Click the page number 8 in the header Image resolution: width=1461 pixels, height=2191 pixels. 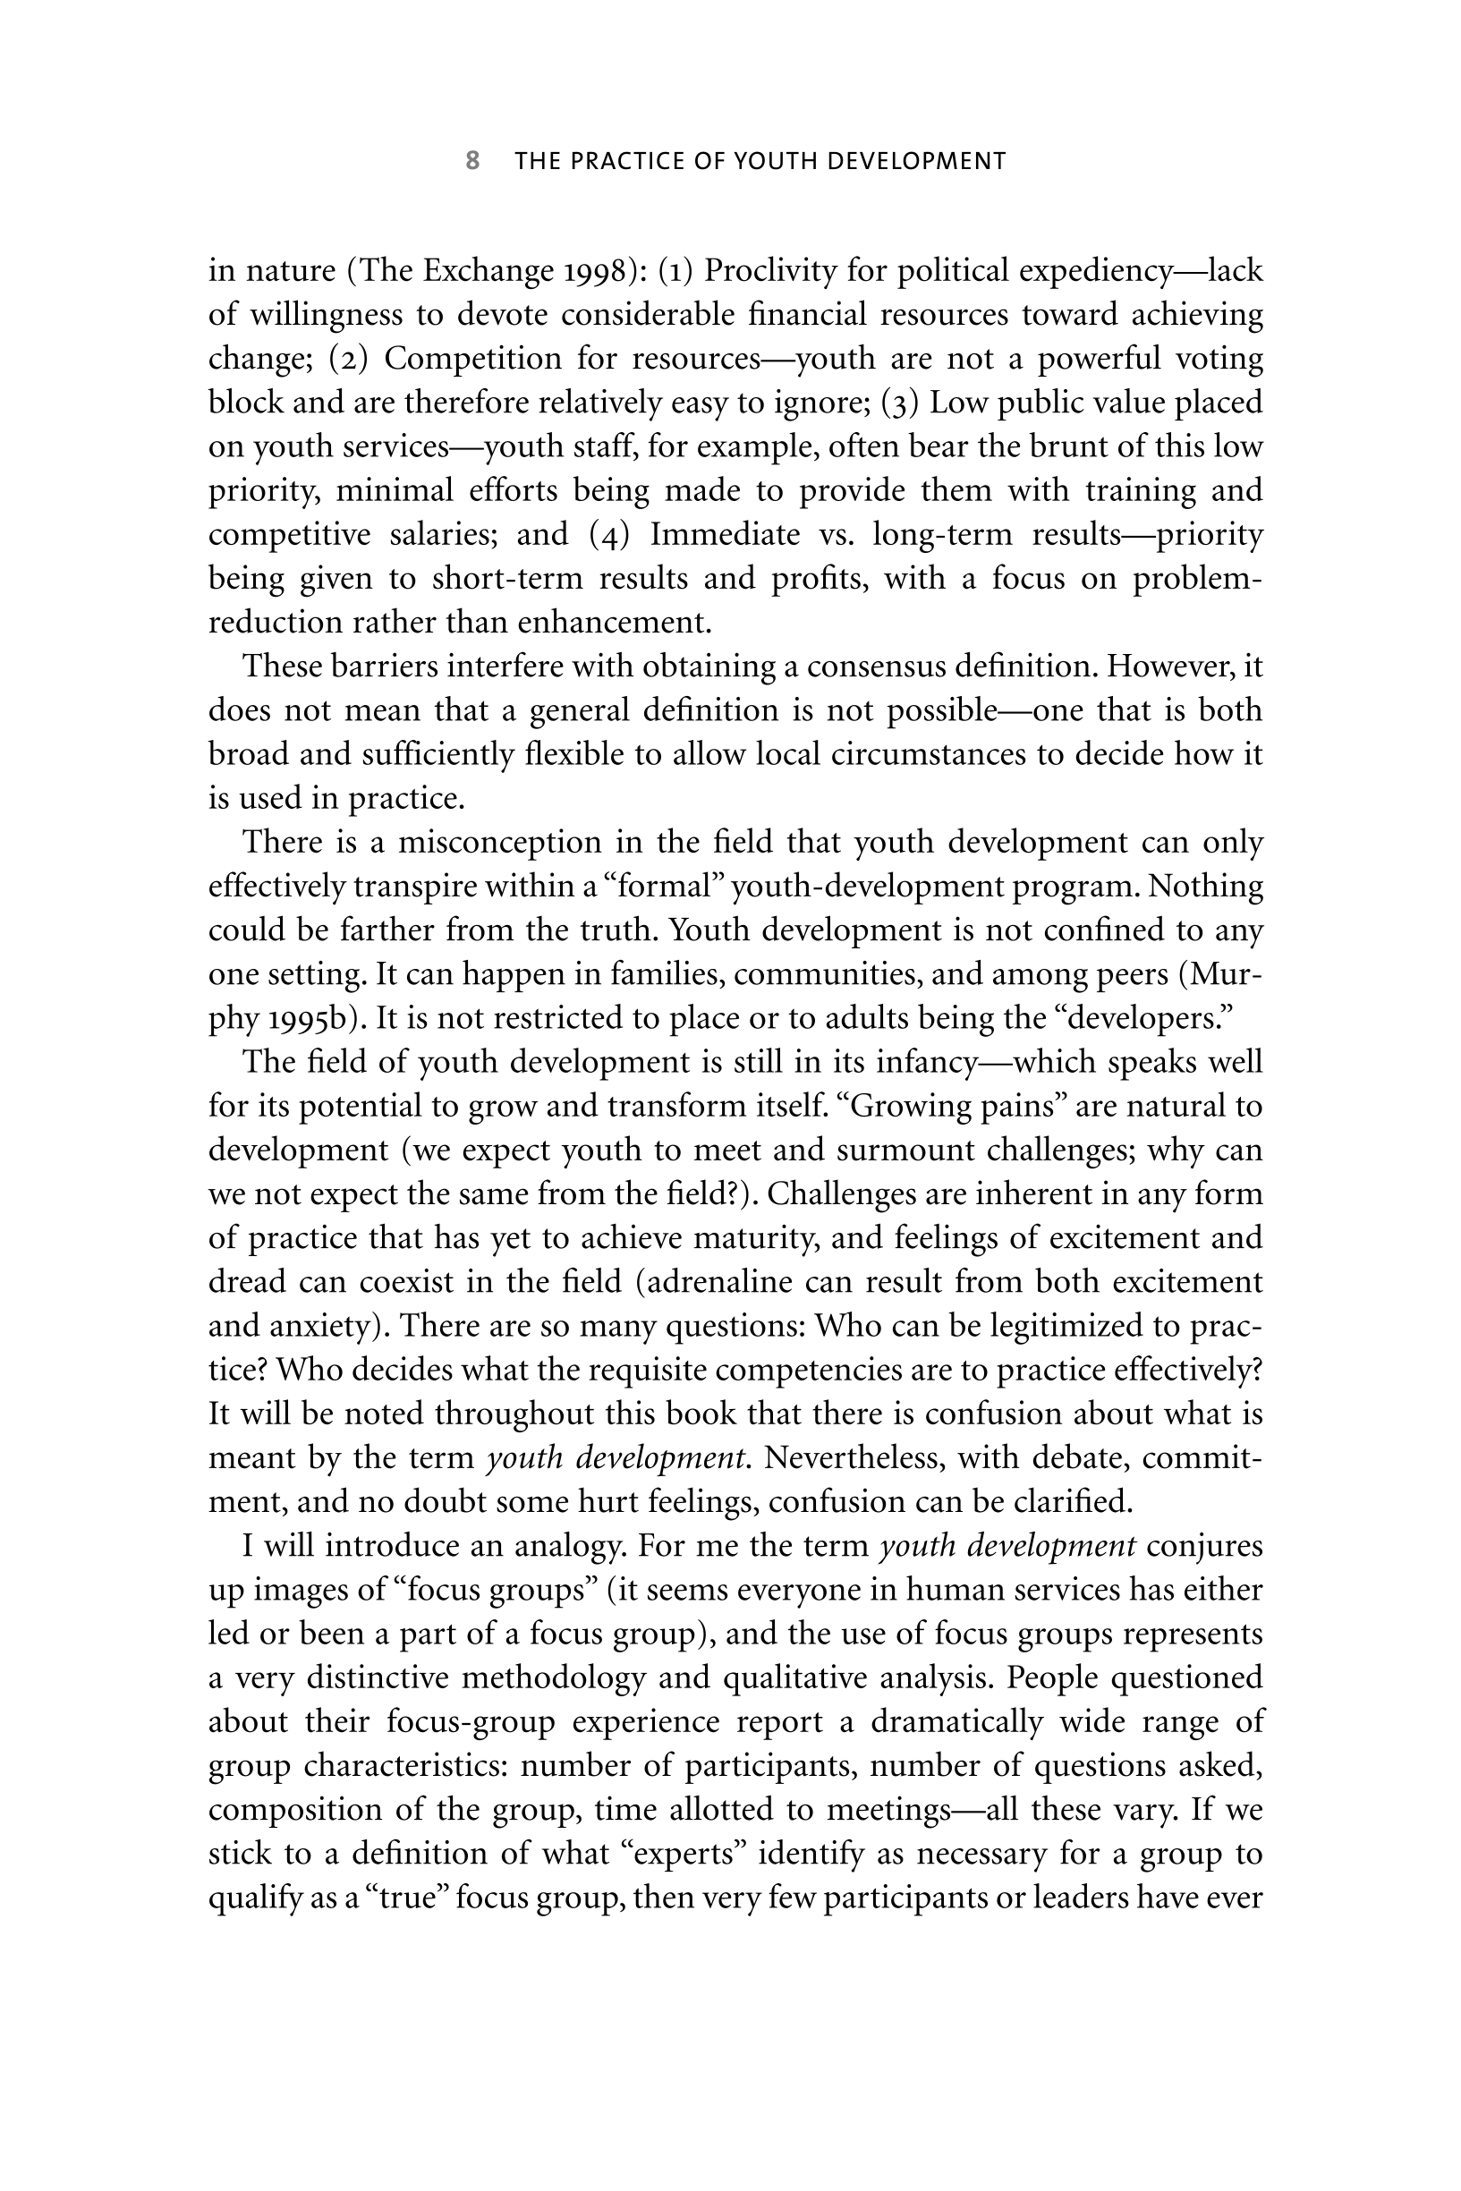(x=472, y=161)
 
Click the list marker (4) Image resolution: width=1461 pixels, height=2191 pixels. (x=610, y=535)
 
